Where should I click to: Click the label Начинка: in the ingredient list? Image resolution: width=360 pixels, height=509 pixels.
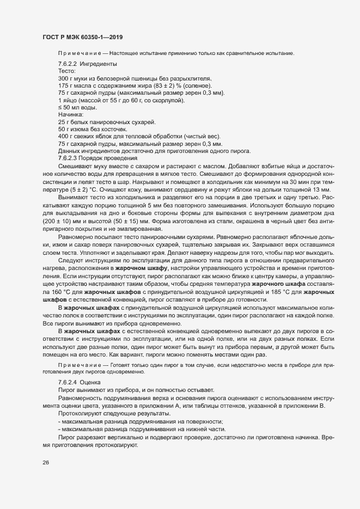[71, 115]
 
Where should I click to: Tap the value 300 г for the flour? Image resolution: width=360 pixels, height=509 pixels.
[66, 79]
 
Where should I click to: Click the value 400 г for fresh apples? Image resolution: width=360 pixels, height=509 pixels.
[66, 137]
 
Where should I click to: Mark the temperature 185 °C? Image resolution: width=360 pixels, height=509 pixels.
[273, 293]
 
